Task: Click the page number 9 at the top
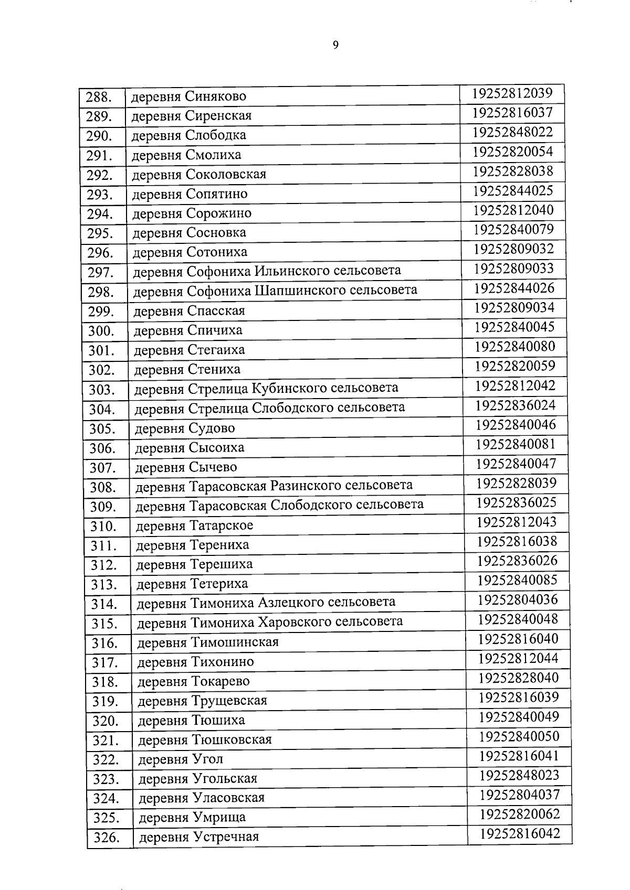[x=335, y=45]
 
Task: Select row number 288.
[x=100, y=97]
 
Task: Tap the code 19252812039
[x=512, y=93]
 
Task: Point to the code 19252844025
[x=513, y=190]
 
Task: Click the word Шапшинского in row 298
[x=299, y=290]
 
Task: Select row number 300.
[x=101, y=331]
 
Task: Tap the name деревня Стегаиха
[x=189, y=350]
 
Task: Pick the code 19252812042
[x=515, y=386]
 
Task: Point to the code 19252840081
[x=516, y=444]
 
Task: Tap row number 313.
[x=103, y=584]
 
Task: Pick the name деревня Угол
[x=181, y=759]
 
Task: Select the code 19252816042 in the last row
[x=520, y=833]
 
